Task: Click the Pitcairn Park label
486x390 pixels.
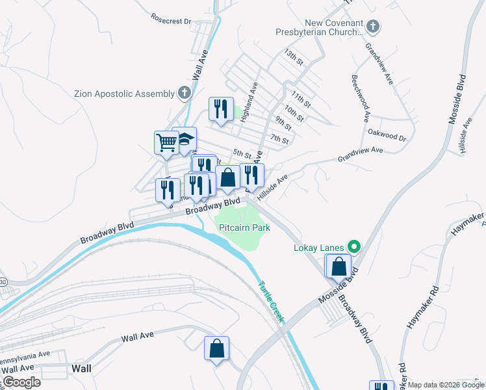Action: pyautogui.click(x=244, y=228)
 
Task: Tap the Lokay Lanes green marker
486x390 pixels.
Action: pyautogui.click(x=354, y=246)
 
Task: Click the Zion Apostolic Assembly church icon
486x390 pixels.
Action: pyautogui.click(x=185, y=94)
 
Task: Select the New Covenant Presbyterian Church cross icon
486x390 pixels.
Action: pyautogui.click(x=372, y=27)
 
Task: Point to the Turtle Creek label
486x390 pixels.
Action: pyautogui.click(x=270, y=302)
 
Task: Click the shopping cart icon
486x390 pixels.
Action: pyautogui.click(x=167, y=142)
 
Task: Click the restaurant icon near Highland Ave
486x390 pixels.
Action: pyautogui.click(x=221, y=109)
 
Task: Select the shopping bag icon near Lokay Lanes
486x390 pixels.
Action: pyautogui.click(x=339, y=266)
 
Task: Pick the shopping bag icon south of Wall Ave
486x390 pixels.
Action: pyautogui.click(x=217, y=348)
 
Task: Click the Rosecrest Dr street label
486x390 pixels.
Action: pyautogui.click(x=170, y=20)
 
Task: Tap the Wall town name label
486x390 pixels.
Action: pyautogui.click(x=81, y=369)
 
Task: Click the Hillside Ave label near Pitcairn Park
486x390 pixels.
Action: pyautogui.click(x=272, y=187)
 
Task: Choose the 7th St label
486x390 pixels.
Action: pyautogui.click(x=279, y=139)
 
